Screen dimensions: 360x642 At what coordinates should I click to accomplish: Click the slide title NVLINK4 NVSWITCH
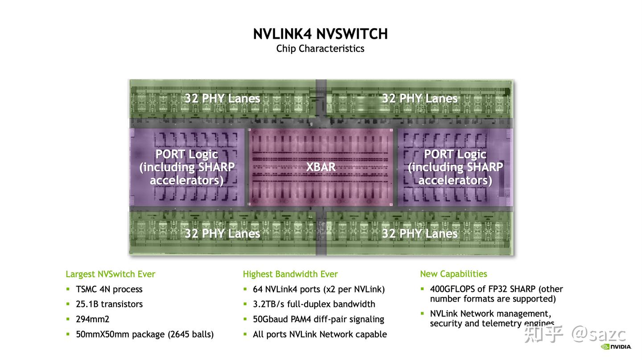[320, 34]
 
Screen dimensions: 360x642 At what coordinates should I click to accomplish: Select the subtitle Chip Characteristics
[320, 49]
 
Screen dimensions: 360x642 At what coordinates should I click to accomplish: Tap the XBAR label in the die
[321, 167]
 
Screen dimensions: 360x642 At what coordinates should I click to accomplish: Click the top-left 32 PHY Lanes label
[222, 98]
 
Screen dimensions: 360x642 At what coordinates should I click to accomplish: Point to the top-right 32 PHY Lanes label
[420, 98]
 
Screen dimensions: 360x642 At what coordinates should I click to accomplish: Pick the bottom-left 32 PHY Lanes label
[222, 233]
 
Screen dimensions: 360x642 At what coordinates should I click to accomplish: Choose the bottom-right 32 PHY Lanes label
[420, 233]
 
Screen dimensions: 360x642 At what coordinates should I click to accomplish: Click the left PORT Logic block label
[187, 167]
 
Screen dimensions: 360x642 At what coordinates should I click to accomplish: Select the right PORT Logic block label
[455, 167]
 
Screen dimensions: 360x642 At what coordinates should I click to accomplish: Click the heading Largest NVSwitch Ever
[110, 274]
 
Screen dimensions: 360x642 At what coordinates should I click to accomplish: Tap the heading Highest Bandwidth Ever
[290, 274]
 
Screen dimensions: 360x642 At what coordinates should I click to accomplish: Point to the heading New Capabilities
[453, 274]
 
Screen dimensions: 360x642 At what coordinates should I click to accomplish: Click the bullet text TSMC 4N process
[109, 289]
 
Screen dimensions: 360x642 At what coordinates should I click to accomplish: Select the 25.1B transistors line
[109, 304]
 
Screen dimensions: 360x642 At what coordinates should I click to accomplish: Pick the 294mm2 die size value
[92, 319]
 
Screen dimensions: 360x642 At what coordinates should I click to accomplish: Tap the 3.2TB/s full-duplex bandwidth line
[314, 304]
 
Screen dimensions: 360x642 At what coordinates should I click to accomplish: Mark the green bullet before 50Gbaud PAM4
[245, 319]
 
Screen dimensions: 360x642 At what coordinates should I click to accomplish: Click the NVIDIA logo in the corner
[617, 347]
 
